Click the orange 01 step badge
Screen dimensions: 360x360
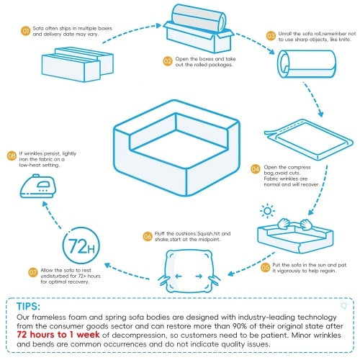(24, 32)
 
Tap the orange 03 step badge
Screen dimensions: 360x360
(271, 35)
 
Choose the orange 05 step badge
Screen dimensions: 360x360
(265, 267)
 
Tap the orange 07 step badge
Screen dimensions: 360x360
(33, 272)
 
